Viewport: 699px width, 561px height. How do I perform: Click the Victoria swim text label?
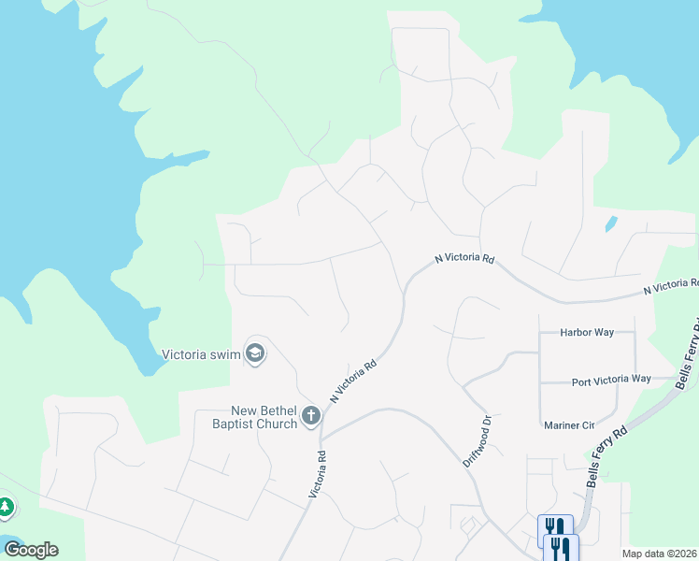click(x=201, y=354)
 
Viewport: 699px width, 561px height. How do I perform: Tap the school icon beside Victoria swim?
click(x=255, y=353)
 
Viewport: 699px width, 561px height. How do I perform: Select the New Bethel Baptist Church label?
click(x=264, y=417)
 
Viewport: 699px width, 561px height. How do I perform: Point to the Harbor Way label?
click(x=586, y=332)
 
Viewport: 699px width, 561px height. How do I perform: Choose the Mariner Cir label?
click(x=569, y=425)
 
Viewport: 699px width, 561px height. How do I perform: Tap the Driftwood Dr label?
click(x=477, y=442)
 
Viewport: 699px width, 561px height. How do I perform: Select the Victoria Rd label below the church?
click(x=317, y=475)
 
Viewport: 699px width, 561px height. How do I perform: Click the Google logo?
click(x=31, y=549)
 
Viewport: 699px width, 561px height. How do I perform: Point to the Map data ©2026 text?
click(x=660, y=554)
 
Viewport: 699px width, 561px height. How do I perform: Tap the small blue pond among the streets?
click(x=611, y=224)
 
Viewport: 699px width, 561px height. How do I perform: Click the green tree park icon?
click(x=6, y=508)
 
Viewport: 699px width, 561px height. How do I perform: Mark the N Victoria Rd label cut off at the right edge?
click(x=671, y=287)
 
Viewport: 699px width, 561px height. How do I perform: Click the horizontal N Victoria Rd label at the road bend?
click(x=464, y=258)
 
